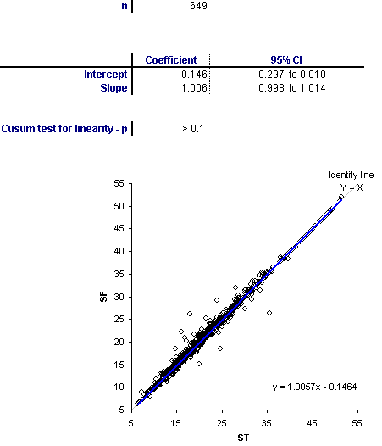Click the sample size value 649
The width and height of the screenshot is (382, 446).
coord(198,6)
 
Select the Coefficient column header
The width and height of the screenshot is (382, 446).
coord(171,59)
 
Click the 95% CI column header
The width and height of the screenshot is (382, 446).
coord(286,59)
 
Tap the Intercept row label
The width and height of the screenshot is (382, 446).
coord(105,75)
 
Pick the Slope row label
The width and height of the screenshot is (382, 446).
coord(113,88)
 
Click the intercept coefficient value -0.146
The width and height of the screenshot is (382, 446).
coord(192,75)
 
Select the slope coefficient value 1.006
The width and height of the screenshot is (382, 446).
coord(195,88)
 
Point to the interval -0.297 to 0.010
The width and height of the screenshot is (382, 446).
coord(290,75)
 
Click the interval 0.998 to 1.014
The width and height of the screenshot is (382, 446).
coord(292,88)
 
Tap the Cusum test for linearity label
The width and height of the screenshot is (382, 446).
coord(64,129)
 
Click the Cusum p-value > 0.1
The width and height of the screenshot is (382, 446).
coord(193,129)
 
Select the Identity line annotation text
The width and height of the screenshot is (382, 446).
coord(352,175)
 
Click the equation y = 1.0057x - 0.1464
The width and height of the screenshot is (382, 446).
coord(314,387)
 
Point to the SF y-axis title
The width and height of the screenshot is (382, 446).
coord(104,297)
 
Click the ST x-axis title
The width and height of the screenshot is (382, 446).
coord(243,438)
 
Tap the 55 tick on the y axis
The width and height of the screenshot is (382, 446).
coord(119,183)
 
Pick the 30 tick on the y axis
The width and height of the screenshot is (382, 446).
coord(119,297)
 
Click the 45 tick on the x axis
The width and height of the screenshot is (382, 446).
coord(312,423)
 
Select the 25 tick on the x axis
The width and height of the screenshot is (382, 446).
coord(222,423)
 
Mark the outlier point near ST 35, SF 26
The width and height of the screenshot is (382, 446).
coord(269,313)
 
